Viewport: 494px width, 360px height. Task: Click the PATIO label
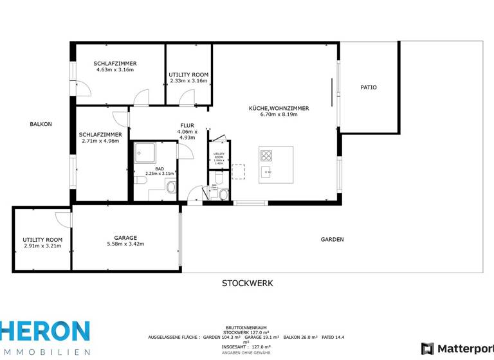coord(369,87)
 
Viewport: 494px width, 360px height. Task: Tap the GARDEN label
coord(332,240)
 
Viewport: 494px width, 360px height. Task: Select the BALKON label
coord(41,124)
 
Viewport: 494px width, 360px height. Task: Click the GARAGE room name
coord(125,238)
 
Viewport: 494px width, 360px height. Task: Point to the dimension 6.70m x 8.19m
coord(279,115)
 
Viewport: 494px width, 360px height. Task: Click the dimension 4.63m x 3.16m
coord(115,69)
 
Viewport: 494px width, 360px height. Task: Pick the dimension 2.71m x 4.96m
coord(100,141)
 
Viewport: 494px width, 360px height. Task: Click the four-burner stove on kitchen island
coord(266,156)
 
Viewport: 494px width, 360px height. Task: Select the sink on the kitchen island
coord(266,172)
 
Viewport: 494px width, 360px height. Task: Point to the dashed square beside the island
coord(238,172)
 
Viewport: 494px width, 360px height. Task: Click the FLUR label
coord(187,126)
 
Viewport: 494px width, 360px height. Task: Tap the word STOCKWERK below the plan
coord(247,283)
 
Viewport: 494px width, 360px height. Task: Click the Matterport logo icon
coord(427,348)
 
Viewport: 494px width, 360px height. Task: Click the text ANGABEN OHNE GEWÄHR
coord(246,353)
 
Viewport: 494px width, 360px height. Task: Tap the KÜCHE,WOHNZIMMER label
coord(279,109)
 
